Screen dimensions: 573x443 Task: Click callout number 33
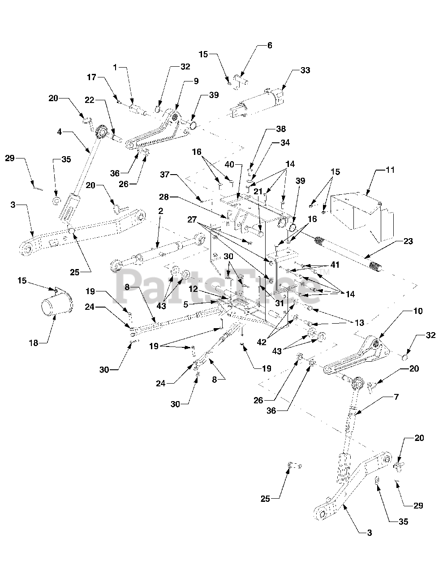305,70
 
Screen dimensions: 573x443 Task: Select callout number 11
390,171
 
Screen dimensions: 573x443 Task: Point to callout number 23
408,241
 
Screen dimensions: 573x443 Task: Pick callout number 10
418,311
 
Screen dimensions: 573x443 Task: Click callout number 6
269,45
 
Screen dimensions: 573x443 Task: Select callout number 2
161,210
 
